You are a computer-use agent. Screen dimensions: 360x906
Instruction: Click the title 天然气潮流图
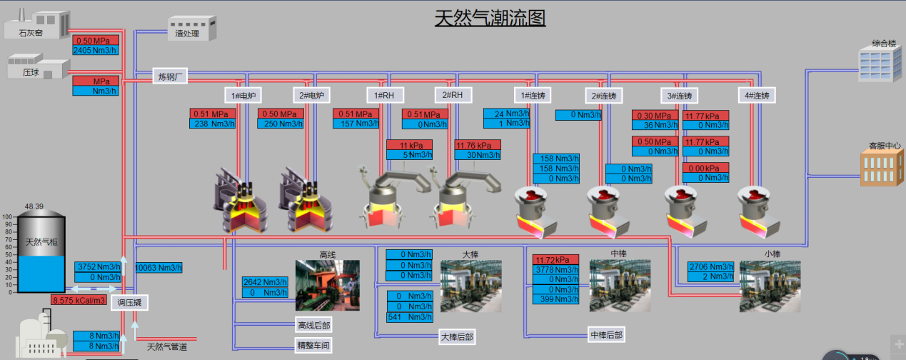[x=490, y=17]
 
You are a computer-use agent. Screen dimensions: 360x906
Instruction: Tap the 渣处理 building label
[x=188, y=33]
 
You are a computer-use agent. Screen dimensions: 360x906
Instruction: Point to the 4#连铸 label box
[x=757, y=95]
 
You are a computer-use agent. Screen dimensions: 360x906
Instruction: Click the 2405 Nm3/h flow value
[x=96, y=51]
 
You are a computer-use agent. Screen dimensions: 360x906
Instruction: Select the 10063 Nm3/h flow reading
[x=158, y=268]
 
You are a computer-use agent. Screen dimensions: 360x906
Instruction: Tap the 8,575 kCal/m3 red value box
[x=79, y=300]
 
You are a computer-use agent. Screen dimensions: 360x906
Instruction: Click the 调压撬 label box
[x=129, y=302]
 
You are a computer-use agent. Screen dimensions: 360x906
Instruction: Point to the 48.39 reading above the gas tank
[x=34, y=206]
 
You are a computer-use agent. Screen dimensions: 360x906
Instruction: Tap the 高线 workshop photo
[x=327, y=286]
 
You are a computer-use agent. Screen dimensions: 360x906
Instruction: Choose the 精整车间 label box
[x=313, y=346]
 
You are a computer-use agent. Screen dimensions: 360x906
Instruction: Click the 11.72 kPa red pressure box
[x=555, y=259]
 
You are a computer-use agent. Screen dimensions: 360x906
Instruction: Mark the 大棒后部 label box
[x=457, y=337]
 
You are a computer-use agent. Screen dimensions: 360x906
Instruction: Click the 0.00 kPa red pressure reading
[x=705, y=168]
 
